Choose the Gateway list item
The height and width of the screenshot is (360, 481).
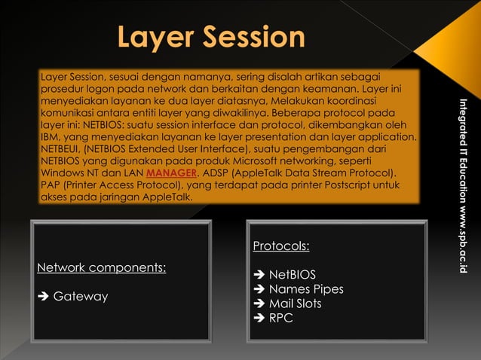tap(80, 296)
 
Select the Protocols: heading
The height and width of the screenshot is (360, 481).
tap(280, 246)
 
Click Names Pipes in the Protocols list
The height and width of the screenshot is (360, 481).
tap(305, 289)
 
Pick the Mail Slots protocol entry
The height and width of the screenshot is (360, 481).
tap(295, 304)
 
